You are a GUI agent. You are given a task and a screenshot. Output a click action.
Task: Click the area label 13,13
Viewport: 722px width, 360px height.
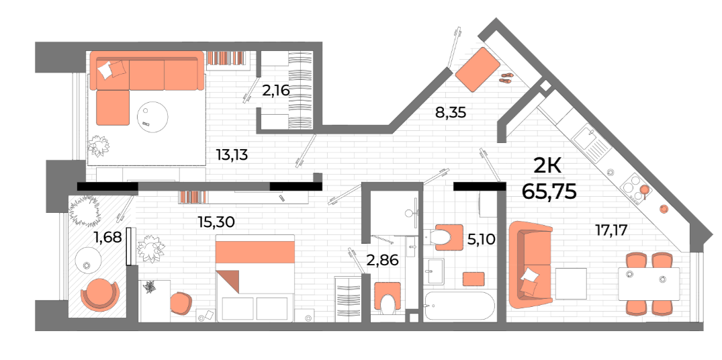232,155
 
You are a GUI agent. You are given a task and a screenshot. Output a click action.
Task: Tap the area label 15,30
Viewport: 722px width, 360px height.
216,222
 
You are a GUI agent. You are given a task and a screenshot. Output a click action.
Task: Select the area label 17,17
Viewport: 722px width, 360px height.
611,229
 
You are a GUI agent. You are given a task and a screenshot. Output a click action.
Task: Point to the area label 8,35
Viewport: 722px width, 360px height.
451,112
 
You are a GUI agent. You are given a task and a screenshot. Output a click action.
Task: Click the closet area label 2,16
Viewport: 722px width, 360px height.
276,90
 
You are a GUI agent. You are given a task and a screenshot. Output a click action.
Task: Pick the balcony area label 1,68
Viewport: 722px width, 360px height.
107,238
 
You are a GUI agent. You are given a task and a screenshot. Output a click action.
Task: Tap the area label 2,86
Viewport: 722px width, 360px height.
382,260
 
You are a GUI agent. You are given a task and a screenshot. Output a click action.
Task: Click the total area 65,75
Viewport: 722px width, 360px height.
549,191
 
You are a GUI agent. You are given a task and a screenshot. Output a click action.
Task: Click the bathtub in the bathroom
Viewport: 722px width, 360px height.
459,306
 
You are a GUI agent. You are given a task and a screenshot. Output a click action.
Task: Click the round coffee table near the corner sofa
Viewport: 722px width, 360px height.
152,117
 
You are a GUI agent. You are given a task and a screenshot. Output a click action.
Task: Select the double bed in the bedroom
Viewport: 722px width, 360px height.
255,277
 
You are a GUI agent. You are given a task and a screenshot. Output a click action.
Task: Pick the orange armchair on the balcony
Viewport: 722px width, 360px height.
99,295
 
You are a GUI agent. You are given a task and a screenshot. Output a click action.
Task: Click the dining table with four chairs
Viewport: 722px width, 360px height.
648,283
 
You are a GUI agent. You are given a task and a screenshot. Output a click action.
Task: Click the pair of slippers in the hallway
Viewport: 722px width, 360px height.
506,78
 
